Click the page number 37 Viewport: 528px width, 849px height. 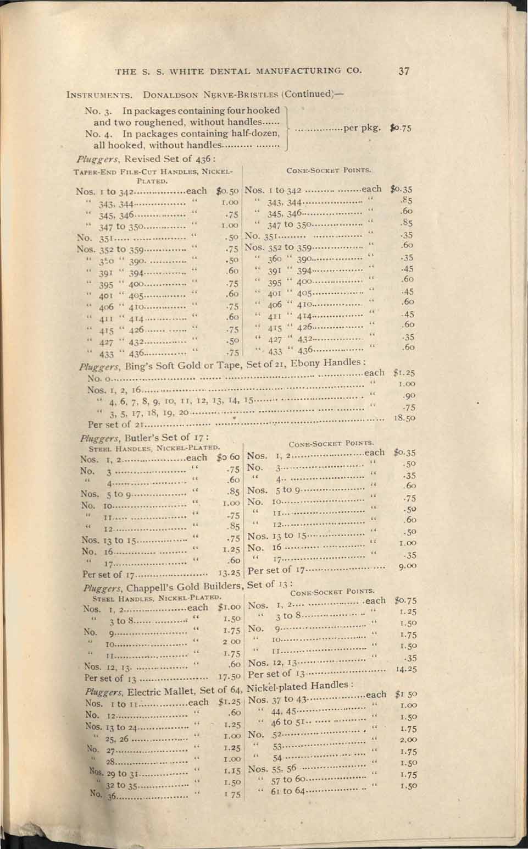[x=404, y=70]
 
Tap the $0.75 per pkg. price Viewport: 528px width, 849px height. [x=401, y=129]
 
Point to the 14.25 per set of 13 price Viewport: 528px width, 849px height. [x=405, y=669]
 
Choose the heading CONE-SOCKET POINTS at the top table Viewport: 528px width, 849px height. [x=336, y=170]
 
